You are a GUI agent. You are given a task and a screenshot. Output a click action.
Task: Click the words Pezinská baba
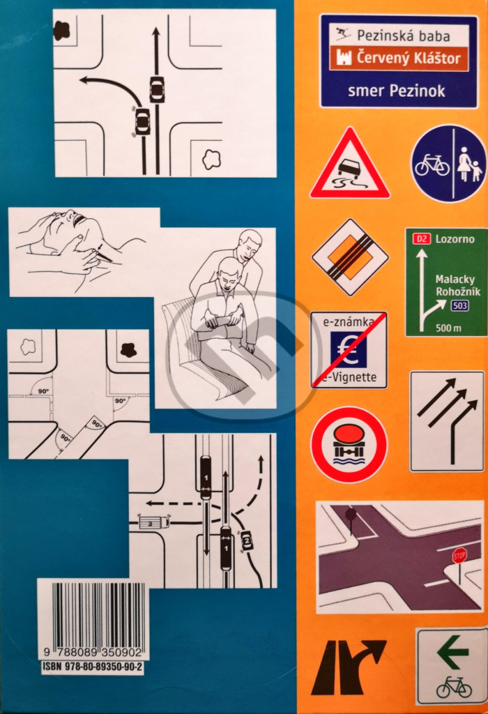(x=404, y=36)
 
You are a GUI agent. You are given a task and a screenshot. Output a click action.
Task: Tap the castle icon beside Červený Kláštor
(x=343, y=58)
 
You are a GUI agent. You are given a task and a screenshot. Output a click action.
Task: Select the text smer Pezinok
(x=396, y=91)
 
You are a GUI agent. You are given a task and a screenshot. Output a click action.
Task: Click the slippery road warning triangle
(x=349, y=165)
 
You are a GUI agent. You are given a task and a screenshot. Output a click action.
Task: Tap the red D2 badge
(x=422, y=238)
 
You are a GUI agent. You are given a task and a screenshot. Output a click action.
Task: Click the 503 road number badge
(x=459, y=305)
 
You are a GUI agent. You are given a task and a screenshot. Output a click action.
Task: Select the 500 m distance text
(x=448, y=328)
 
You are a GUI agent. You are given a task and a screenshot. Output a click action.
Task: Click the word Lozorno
(x=455, y=238)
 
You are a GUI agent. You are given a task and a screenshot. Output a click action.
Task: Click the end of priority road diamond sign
(x=349, y=257)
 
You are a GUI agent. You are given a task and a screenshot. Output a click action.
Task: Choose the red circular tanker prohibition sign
(x=349, y=445)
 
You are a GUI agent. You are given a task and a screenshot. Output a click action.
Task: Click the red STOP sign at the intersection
(x=459, y=556)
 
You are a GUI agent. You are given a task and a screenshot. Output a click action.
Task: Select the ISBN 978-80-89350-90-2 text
(x=93, y=667)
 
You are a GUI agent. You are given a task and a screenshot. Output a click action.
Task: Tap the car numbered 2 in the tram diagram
(x=246, y=540)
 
